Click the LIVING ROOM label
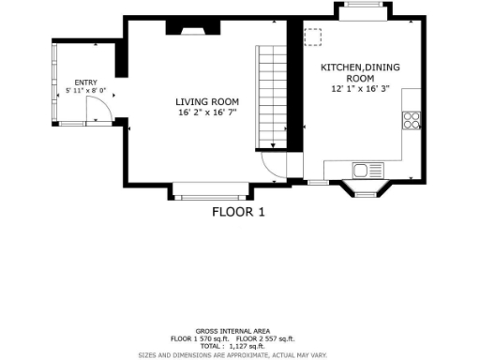coord(207,101)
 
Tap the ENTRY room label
coord(85,82)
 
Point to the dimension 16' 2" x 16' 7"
coord(207,112)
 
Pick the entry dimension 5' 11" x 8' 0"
coord(85,91)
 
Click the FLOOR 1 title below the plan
coord(238,212)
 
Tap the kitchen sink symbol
coord(361,170)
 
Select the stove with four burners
coord(411,119)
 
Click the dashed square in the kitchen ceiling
coord(312,36)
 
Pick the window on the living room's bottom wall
coord(208,196)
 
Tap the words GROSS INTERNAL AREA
coord(232,331)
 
